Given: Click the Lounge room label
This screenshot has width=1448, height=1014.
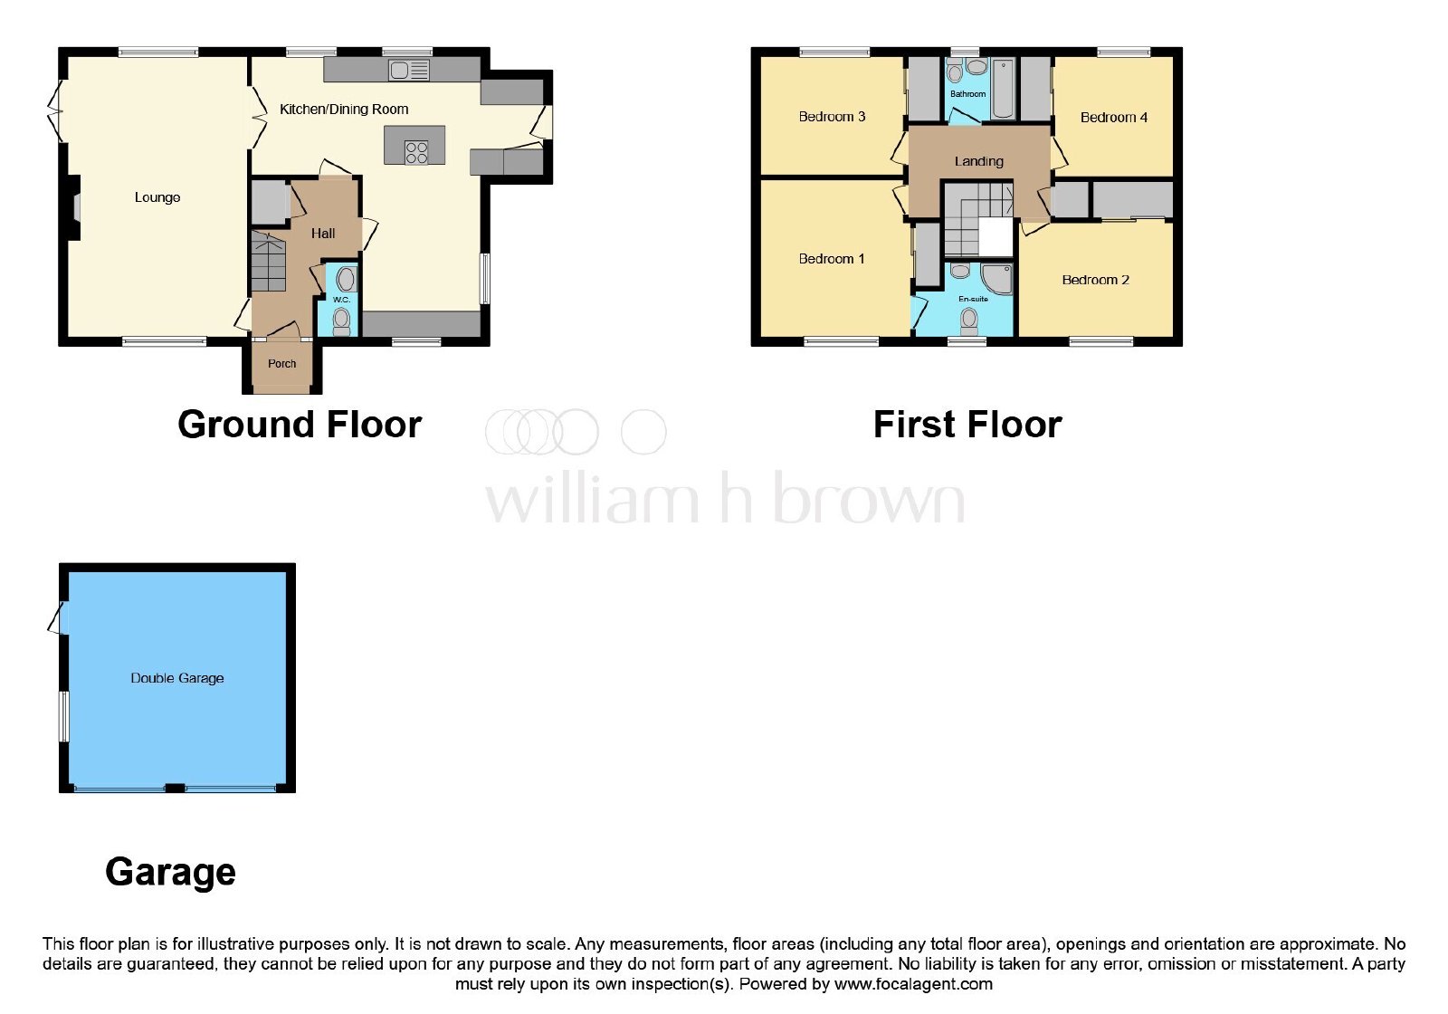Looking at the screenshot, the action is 157,197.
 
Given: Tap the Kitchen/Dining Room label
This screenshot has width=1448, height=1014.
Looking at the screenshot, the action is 344,110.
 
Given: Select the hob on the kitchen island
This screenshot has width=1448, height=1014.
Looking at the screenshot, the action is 416,153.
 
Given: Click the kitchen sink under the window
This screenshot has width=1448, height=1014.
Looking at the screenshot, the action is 409,70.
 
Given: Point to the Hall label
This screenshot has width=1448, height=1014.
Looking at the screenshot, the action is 322,234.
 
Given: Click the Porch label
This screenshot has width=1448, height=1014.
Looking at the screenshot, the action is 281,363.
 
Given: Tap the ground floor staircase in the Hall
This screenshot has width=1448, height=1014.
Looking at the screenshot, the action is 268,262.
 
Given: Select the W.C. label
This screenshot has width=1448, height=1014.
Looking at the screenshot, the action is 341,300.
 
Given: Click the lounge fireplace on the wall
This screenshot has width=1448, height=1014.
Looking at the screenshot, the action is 76,208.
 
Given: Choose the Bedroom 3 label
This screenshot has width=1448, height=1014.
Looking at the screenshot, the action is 832,117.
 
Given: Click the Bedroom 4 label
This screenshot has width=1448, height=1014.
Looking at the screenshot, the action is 1114,118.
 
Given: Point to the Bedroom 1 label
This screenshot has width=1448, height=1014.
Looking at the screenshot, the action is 832,259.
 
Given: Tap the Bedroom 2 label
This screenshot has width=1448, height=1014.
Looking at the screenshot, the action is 1095,280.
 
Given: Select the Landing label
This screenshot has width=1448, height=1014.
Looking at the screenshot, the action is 978,161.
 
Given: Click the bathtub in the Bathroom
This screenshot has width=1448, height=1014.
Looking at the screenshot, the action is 1003,89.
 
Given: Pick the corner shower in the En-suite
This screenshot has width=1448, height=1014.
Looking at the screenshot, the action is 996,278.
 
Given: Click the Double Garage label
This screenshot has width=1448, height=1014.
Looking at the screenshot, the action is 177,678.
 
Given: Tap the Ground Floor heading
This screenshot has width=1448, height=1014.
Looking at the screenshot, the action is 300,425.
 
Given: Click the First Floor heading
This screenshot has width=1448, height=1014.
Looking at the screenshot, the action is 967,425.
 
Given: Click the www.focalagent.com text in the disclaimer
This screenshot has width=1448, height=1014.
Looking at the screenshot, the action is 913,984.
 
